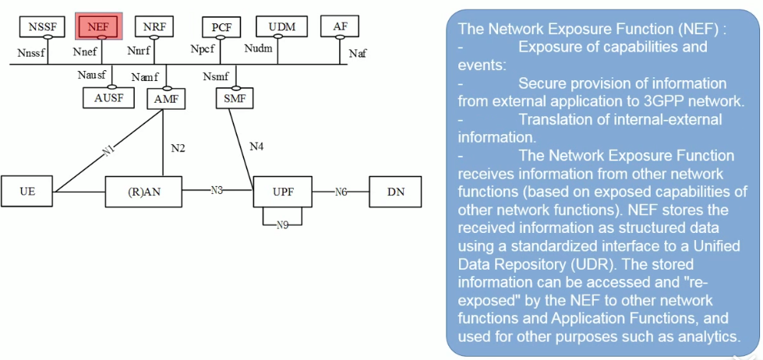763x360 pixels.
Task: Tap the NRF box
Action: tap(154, 26)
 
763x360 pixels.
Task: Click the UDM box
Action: tap(281, 26)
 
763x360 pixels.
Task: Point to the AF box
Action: tap(340, 26)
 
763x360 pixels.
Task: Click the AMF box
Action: tap(162, 98)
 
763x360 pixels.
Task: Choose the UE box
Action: tap(27, 191)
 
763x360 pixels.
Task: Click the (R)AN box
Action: tap(143, 191)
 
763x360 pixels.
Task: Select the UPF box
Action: tap(283, 191)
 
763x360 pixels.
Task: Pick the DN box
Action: tap(396, 191)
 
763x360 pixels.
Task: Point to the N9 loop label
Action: tap(283, 224)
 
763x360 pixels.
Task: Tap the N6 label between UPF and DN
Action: tap(341, 191)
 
